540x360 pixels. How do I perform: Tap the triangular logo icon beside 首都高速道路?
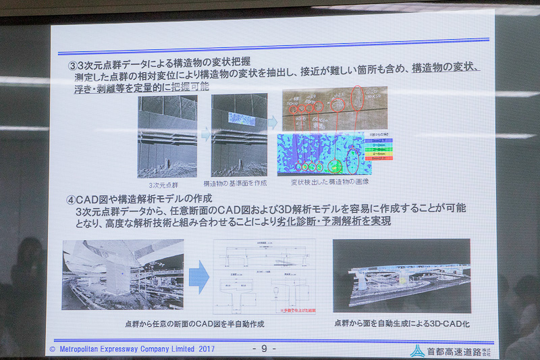418,350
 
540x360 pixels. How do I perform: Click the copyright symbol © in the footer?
53,349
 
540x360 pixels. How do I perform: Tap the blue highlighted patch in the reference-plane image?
239,120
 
